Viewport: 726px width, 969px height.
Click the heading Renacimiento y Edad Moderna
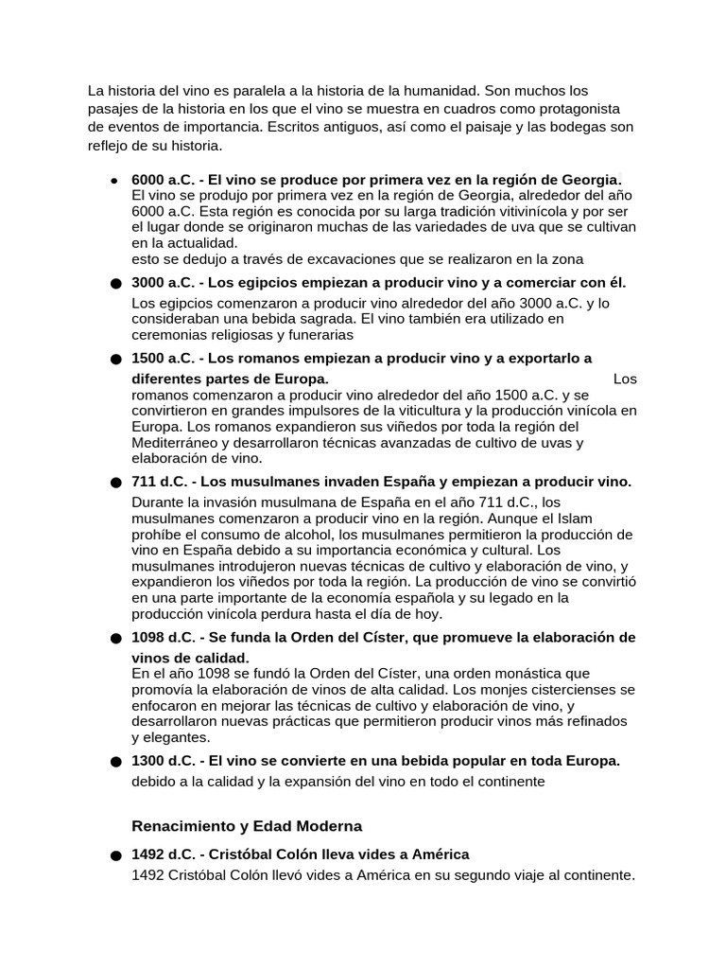coord(246,825)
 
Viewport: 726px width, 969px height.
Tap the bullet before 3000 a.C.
coord(115,283)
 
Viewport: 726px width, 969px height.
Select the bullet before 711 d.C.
coord(115,483)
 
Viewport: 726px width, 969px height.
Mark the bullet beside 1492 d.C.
coord(115,855)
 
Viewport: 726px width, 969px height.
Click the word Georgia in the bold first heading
coord(590,179)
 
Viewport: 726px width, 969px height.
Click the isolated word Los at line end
coord(625,379)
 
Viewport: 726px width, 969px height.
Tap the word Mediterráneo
coord(179,443)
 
